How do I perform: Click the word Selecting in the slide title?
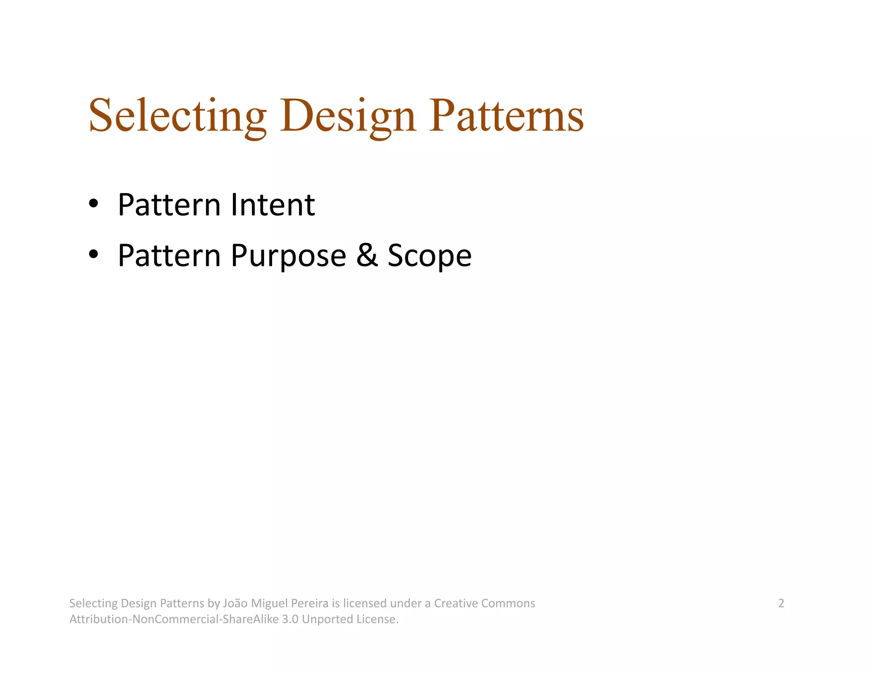tap(178, 116)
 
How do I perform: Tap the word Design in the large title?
tap(347, 116)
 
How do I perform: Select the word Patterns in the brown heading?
tap(506, 116)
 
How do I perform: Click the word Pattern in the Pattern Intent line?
tap(169, 205)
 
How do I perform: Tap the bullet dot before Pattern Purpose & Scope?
tap(93, 254)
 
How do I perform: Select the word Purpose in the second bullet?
tap(288, 256)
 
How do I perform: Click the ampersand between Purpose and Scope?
tap(367, 255)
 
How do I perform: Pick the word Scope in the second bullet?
tap(430, 256)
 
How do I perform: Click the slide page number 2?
tap(781, 603)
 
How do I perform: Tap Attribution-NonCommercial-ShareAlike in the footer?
tap(174, 619)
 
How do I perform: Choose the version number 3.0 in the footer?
tap(290, 619)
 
